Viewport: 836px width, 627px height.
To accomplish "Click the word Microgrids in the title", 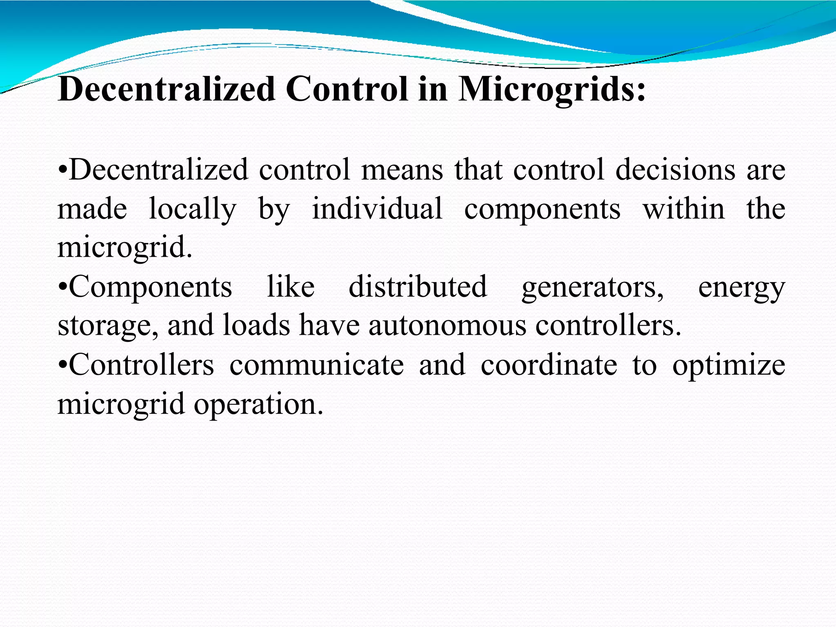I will click(552, 89).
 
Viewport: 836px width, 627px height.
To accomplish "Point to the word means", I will click(402, 170).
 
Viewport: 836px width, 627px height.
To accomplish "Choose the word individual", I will click(377, 209).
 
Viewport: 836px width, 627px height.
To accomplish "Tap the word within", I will click(684, 209).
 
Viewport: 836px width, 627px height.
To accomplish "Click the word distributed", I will click(418, 287).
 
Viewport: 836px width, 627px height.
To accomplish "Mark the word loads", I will click(257, 325).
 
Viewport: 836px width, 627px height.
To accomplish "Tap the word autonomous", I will click(447, 325).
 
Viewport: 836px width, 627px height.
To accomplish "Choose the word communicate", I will click(316, 365).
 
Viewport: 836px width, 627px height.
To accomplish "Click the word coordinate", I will click(549, 365).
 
